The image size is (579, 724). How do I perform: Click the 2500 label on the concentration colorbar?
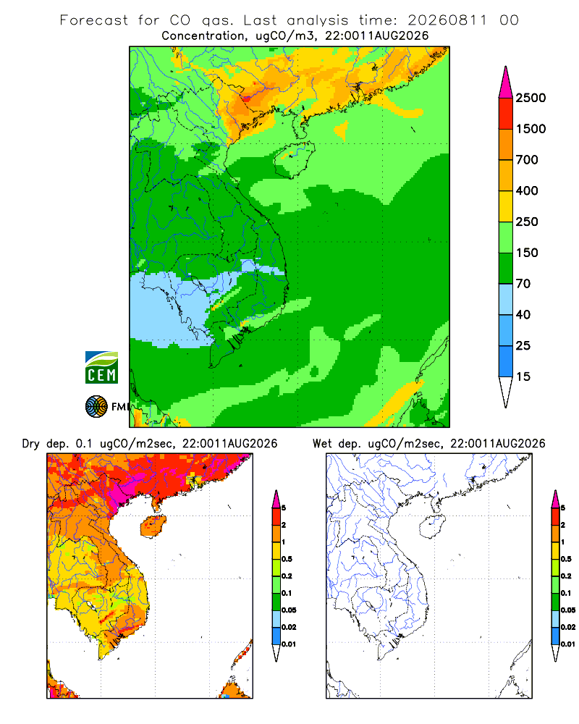click(x=531, y=98)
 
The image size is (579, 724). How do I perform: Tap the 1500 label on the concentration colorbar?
click(x=531, y=129)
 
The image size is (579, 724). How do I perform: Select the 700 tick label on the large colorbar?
click(x=527, y=160)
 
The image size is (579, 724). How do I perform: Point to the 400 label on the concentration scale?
click(x=527, y=190)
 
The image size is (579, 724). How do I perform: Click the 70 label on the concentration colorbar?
click(x=523, y=284)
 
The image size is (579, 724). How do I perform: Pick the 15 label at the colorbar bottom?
click(x=523, y=376)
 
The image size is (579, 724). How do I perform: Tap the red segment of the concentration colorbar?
click(x=506, y=114)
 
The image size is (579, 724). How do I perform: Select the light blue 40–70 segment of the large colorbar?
click(x=506, y=299)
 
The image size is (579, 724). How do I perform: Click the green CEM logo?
click(x=101, y=368)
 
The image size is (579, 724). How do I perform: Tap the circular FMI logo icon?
click(x=96, y=407)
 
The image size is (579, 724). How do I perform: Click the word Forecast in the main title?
click(x=94, y=20)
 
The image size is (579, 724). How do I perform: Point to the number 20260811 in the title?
click(x=447, y=20)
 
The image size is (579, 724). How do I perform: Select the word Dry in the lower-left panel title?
click(x=31, y=444)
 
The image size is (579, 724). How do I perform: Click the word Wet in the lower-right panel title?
click(x=322, y=444)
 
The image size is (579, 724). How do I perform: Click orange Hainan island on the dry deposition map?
click(x=153, y=527)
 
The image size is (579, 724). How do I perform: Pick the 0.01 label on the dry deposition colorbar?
click(x=289, y=644)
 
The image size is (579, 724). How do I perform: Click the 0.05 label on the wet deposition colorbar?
click(x=568, y=610)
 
